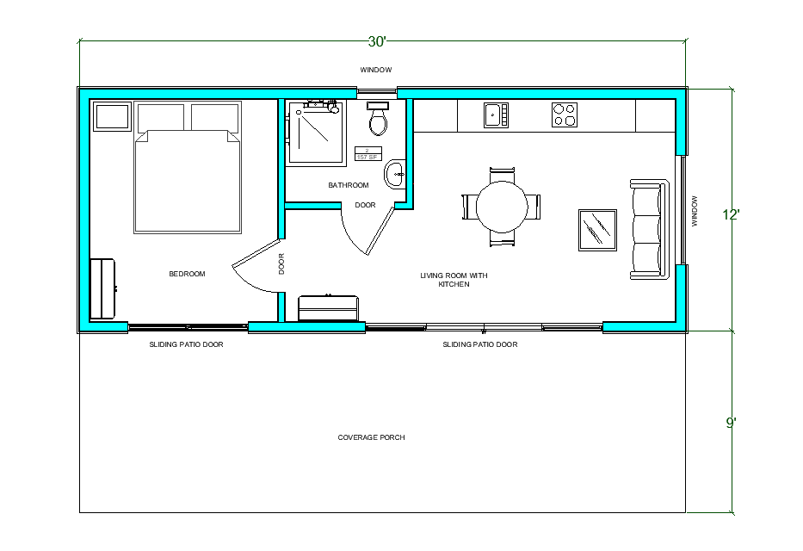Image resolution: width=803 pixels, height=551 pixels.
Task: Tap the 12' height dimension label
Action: tap(732, 215)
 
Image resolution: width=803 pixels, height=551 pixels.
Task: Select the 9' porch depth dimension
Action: tap(732, 423)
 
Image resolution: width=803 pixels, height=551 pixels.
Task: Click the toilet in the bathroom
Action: tap(378, 121)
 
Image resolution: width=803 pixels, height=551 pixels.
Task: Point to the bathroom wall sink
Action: tap(395, 173)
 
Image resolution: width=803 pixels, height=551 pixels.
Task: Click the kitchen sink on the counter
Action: tap(495, 115)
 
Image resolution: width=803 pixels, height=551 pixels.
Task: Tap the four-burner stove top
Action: tap(564, 115)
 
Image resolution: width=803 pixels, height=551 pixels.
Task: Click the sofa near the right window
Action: tap(649, 229)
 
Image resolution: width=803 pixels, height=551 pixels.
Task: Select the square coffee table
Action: tap(596, 229)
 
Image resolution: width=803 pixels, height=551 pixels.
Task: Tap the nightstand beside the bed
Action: tap(112, 116)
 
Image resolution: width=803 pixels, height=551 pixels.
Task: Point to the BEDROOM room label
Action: tap(187, 274)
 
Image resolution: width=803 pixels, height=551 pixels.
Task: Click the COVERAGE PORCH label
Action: tap(371, 437)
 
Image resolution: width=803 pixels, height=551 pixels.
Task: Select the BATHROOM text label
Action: tap(349, 185)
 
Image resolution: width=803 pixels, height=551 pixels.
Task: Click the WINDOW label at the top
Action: tap(376, 70)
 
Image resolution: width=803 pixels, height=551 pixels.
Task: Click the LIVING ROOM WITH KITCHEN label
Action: tap(454, 280)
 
